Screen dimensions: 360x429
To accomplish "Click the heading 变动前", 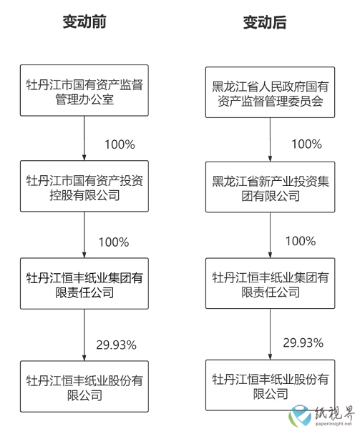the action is click(84, 21).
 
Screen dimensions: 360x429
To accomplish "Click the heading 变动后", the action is click(265, 22).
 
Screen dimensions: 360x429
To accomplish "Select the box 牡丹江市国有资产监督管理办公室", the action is click(84, 90).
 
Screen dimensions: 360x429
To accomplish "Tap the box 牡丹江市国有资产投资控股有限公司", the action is click(84, 186).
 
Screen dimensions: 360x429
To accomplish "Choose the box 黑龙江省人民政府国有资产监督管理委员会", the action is click(271, 92).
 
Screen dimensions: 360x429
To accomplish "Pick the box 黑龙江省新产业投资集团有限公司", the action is click(271, 187).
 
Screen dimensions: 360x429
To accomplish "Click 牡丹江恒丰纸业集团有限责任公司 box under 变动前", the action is click(84, 283).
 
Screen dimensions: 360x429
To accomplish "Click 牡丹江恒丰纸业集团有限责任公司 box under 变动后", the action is click(271, 283).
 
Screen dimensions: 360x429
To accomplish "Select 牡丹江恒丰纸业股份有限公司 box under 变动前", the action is click(84, 386).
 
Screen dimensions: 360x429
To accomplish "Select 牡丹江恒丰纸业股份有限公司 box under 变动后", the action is click(271, 385).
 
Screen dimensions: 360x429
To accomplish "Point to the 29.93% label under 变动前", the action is click(117, 345).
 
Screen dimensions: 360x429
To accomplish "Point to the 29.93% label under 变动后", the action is click(303, 342).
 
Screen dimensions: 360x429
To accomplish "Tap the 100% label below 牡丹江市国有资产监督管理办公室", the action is click(120, 144).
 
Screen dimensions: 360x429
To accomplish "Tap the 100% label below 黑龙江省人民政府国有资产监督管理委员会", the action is click(306, 144).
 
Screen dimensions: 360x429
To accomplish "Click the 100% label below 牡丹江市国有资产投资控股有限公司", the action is click(114, 242).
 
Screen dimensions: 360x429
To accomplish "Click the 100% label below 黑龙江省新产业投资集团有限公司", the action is click(301, 241).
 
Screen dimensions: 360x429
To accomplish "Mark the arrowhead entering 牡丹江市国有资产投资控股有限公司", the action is click(84, 157).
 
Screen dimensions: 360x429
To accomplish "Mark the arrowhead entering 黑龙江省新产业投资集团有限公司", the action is click(271, 159).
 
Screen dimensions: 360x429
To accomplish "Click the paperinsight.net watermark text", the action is click(334, 424).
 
